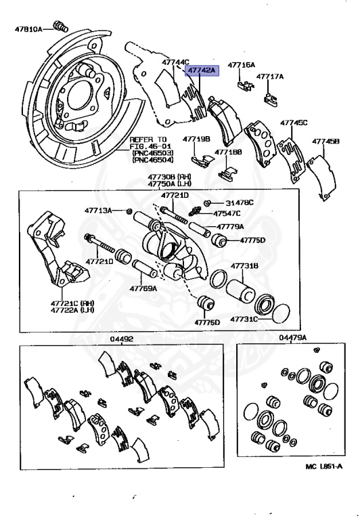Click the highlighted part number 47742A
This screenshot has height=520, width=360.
202,70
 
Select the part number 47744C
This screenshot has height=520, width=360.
175,62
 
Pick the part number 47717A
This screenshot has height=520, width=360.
269,77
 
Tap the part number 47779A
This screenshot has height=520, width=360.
231,227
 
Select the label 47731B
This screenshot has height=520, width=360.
244,266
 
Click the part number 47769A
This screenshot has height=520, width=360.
143,288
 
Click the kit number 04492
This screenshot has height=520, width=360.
121,339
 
